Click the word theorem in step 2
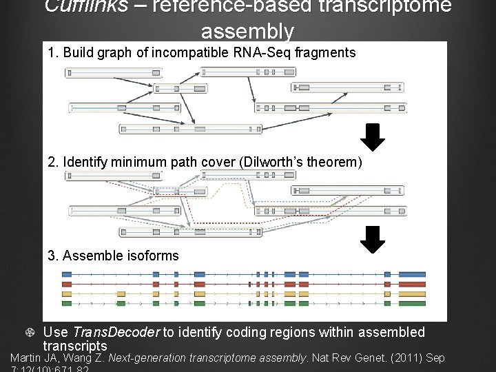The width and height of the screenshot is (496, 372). [x=338, y=162]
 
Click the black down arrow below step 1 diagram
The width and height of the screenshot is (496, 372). [x=373, y=136]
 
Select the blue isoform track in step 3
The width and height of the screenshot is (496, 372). [x=244, y=273]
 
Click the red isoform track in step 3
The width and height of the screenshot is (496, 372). [x=244, y=283]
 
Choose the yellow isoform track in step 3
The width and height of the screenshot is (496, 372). [x=244, y=293]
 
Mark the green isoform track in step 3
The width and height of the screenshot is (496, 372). [x=244, y=303]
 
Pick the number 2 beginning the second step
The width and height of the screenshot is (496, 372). [x=52, y=162]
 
